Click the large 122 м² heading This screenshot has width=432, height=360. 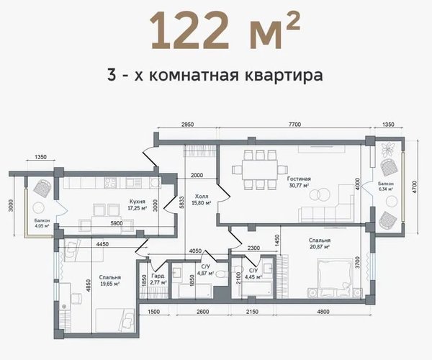coord(225,31)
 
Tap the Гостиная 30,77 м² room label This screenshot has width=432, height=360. coord(299,182)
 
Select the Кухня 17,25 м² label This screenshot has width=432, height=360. coord(138,205)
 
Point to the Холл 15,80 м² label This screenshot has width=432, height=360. coord(202,200)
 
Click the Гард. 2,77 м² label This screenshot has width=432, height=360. coord(159,279)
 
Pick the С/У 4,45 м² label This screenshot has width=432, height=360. coord(253,274)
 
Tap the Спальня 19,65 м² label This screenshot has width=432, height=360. coord(109,281)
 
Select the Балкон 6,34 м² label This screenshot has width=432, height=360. coord(386,186)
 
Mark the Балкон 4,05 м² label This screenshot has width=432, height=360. coord(42,223)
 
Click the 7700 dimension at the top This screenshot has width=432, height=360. coord(294,125)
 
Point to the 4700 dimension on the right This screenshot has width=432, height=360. coord(415,187)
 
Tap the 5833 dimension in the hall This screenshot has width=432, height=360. coord(181,203)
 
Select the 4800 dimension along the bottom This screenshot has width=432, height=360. coord(323,312)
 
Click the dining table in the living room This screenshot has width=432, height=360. coord(260,169)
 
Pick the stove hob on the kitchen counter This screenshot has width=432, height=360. coord(110,182)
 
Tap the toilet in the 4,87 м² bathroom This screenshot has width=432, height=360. coord(221,274)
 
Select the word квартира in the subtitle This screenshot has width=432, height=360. coord(284,74)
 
